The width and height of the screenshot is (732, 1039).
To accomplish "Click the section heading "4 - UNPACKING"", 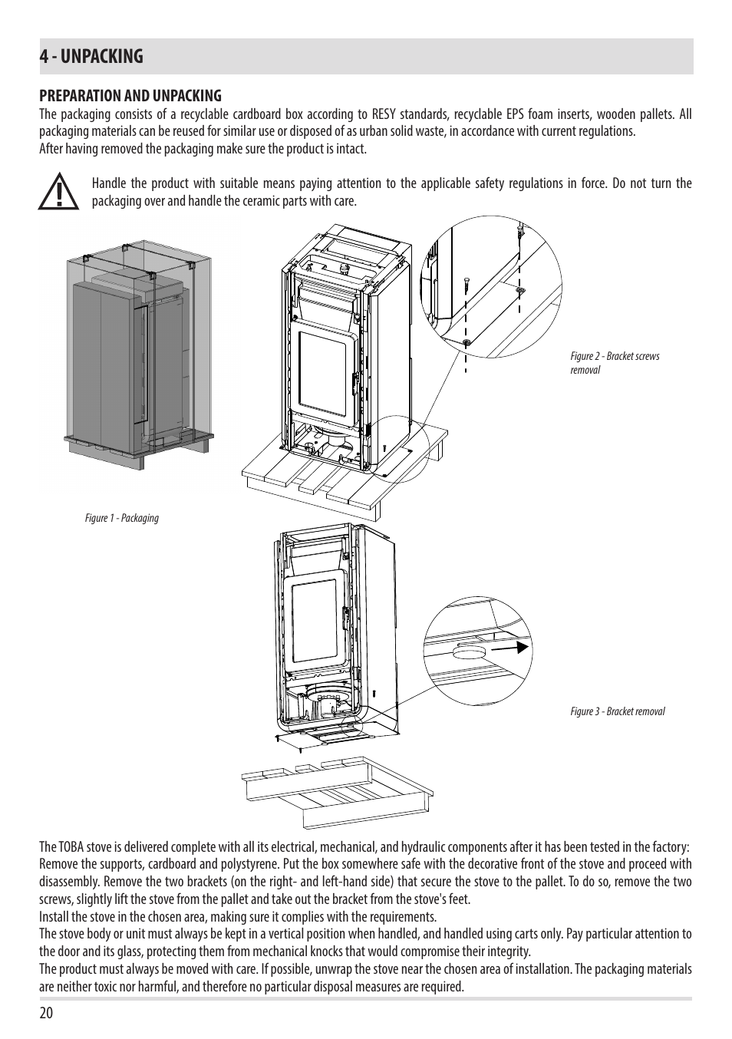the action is pyautogui.click(x=91, y=57).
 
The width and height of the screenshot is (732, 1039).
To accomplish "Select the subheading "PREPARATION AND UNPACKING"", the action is pyautogui.click(x=130, y=96).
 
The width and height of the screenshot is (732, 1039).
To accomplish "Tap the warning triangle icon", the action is pyautogui.click(x=58, y=192).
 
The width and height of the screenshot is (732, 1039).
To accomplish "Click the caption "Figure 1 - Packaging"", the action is pyautogui.click(x=121, y=518).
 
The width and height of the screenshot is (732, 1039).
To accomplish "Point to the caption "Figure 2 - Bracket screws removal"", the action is pyautogui.click(x=615, y=363).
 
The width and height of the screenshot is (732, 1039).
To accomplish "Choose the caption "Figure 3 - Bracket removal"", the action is pyautogui.click(x=618, y=711).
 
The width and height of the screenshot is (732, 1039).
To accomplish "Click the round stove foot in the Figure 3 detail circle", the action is pyautogui.click(x=470, y=652).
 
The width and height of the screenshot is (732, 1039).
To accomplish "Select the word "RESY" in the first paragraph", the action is pyautogui.click(x=384, y=114).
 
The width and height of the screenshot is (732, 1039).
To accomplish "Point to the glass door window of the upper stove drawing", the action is pyautogui.click(x=322, y=373).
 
